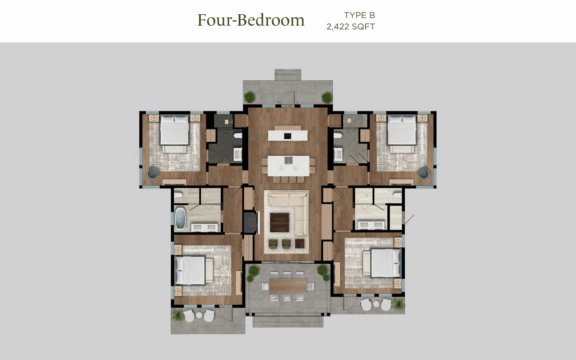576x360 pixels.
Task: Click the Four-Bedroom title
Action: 251,20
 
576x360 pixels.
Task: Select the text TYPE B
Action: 359,15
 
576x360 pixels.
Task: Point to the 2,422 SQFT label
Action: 351,26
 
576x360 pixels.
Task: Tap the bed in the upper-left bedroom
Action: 174,132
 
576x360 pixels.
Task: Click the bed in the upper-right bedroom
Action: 402,132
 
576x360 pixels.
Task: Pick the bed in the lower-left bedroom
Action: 192,270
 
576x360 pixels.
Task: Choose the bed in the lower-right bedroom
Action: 382,263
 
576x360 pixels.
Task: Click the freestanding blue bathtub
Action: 180,219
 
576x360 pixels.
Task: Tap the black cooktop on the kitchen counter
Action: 288,136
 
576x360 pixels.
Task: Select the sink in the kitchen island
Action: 289,160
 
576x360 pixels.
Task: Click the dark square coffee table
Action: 279,222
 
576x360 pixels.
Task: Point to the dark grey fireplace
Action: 251,222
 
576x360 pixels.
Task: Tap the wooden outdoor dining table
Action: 288,286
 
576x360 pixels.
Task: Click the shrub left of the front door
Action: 250,97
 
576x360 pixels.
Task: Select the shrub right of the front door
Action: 327,97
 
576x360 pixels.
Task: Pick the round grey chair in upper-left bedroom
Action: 153,173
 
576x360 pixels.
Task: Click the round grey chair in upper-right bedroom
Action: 424,173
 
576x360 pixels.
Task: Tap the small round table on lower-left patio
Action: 199,315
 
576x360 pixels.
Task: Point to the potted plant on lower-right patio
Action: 398,304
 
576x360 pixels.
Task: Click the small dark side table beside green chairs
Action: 300,243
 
